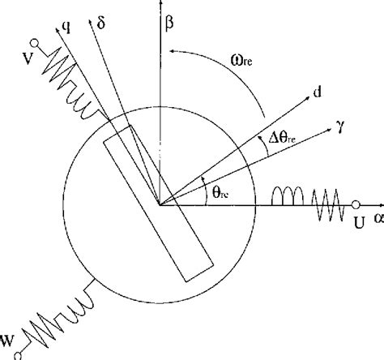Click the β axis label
pos(169,24)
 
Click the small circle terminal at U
pos(354,204)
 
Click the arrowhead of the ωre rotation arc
pos(174,53)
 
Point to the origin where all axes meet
pos(160,204)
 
